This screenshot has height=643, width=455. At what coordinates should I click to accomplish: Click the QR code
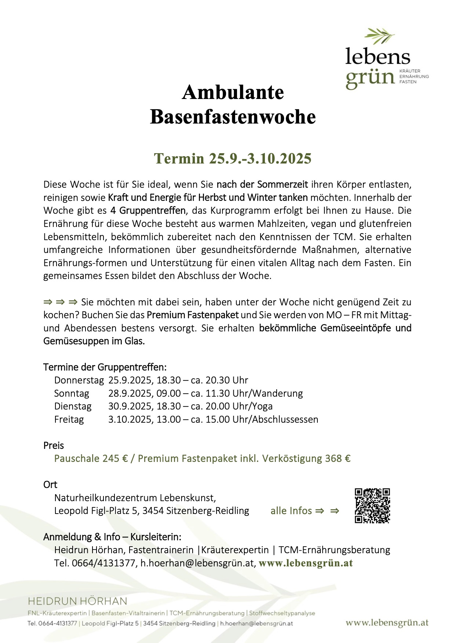coord(372,506)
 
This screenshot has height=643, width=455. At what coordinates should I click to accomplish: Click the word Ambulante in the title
coord(233,92)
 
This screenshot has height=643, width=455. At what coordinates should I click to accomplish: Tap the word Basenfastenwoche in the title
coord(233,117)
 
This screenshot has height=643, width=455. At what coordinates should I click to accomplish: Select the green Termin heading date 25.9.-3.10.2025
coord(233,159)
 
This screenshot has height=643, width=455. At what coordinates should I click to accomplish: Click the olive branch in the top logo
coord(379,36)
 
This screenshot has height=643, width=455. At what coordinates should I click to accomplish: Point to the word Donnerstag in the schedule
coord(79,380)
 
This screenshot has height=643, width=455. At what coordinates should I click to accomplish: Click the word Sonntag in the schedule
coord(72,393)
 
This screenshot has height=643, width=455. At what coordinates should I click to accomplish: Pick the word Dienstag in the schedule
coord(73,406)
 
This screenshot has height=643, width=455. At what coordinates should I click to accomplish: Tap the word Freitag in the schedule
coord(69,419)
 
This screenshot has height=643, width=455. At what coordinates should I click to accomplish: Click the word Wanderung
coord(278,393)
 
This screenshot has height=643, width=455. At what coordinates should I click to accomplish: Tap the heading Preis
coord(54,445)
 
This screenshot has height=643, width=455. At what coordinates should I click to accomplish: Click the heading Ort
coord(50,485)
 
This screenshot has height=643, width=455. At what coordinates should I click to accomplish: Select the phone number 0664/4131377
coord(103,563)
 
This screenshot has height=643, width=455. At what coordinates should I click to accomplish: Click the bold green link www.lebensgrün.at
coord(306,563)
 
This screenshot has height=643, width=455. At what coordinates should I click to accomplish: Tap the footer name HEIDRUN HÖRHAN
coord(77,601)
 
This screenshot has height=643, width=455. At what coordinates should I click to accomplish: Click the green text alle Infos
coord(291,511)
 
